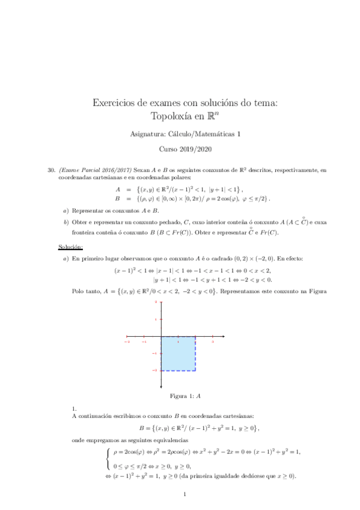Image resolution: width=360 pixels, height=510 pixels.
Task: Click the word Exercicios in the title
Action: click(115, 103)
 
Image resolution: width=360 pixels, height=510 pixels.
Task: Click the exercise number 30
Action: click(51, 170)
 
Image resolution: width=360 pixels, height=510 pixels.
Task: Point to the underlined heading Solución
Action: click(70, 247)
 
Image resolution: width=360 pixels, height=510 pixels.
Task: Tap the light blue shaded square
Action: click(178, 353)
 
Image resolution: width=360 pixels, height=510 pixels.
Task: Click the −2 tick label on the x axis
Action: click(127, 341)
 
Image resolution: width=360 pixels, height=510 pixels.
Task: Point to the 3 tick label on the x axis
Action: click(213, 341)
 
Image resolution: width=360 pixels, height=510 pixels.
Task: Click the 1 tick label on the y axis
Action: click(156, 319)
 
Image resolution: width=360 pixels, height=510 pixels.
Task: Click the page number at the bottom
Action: click(185, 495)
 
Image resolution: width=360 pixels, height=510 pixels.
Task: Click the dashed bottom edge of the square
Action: click(178, 370)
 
